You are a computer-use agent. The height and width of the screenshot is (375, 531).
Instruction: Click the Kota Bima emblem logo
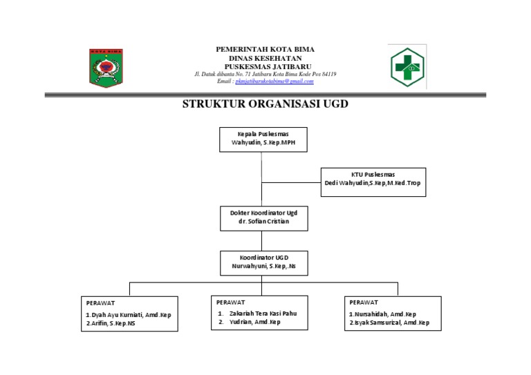pyautogui.click(x=105, y=68)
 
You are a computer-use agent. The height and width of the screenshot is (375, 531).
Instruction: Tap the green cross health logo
pyautogui.click(x=407, y=67)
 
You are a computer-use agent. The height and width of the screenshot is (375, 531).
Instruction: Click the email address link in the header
pyautogui.click(x=274, y=81)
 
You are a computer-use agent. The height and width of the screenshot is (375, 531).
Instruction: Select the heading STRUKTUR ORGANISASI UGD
pyautogui.click(x=265, y=104)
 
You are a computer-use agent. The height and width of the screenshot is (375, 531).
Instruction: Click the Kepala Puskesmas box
pyautogui.click(x=263, y=139)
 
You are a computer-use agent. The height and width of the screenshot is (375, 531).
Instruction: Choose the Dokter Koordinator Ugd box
pyautogui.click(x=263, y=218)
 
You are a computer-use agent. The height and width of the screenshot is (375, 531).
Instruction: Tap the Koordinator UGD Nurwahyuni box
pyautogui.click(x=263, y=262)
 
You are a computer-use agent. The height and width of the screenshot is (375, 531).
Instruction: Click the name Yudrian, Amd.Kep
pyautogui.click(x=254, y=322)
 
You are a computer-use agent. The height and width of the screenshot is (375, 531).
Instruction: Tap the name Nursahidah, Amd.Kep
pyautogui.click(x=382, y=314)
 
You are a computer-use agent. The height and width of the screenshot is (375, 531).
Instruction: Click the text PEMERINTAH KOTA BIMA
pyautogui.click(x=265, y=49)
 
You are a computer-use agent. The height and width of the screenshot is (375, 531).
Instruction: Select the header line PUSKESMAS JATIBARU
pyautogui.click(x=265, y=66)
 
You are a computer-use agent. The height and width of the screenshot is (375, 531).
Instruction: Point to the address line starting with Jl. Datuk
pyautogui.click(x=265, y=74)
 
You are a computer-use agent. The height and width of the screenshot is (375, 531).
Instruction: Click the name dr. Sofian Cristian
pyautogui.click(x=263, y=222)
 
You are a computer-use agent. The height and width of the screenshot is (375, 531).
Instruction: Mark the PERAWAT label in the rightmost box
pyautogui.click(x=364, y=302)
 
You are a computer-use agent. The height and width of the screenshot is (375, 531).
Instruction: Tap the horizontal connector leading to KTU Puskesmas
pyautogui.click(x=290, y=183)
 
